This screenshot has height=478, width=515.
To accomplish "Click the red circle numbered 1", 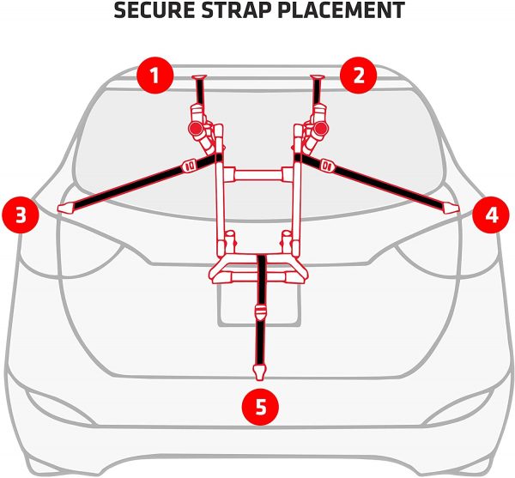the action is (154, 76).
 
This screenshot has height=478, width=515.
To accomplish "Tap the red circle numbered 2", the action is (358, 76).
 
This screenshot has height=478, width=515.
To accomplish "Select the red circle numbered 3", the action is (21, 215).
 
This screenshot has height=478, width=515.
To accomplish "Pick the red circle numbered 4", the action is (491, 215).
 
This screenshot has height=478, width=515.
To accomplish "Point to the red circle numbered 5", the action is (260, 407).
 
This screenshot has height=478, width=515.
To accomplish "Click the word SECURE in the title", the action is (154, 10).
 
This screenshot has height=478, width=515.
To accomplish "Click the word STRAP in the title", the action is (237, 10).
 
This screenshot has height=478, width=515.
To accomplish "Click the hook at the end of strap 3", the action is (66, 208).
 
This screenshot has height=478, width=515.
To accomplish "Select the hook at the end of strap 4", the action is (450, 209).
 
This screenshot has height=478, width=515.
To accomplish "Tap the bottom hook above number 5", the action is (259, 372).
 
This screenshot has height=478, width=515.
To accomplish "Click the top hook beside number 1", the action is (199, 78).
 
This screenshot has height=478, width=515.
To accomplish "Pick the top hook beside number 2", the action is (317, 78).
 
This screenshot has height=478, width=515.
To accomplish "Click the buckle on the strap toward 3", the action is (190, 165).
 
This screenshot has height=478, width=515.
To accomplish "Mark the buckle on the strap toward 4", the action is (327, 165).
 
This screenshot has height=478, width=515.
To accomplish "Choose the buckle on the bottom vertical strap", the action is (260, 312).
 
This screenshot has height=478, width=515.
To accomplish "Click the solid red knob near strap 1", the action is (195, 129).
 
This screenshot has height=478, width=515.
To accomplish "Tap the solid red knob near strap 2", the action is (320, 129).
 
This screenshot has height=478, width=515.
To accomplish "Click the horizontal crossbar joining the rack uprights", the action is (257, 174).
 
